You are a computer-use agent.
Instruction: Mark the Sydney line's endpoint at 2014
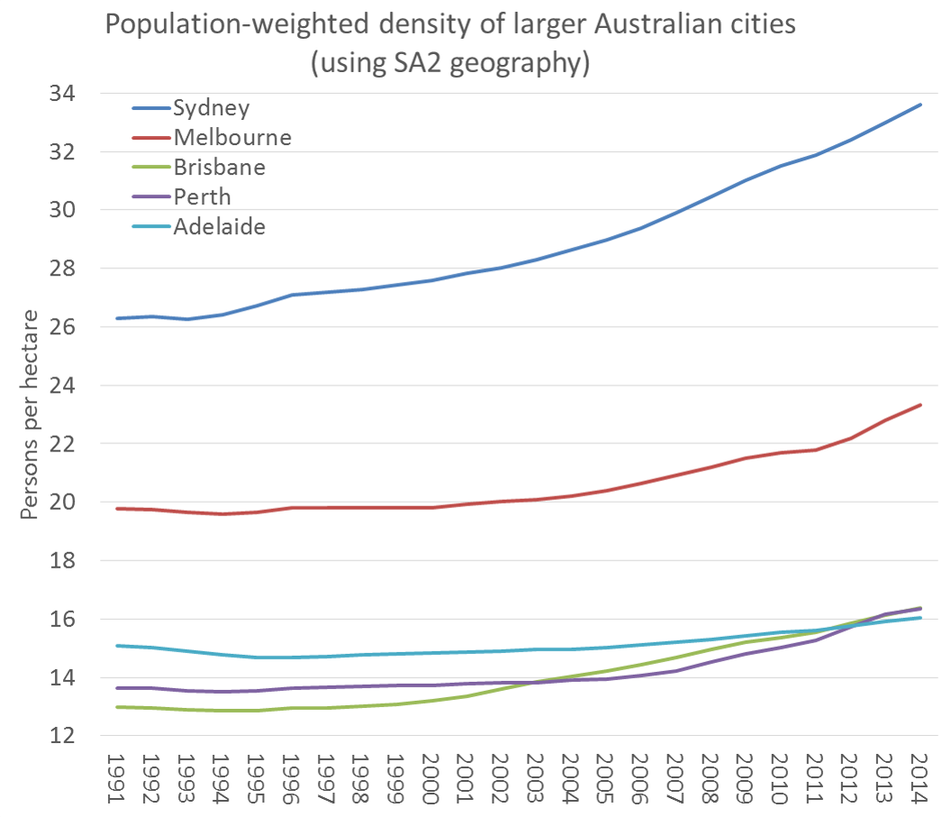(x=919, y=104)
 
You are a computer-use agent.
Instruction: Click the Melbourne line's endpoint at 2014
(x=919, y=404)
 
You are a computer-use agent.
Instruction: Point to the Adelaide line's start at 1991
(x=117, y=646)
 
